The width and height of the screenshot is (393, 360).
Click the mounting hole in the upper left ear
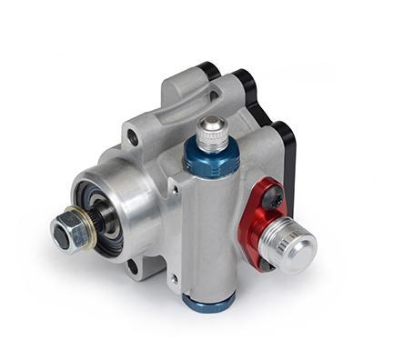(x=133, y=138)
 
